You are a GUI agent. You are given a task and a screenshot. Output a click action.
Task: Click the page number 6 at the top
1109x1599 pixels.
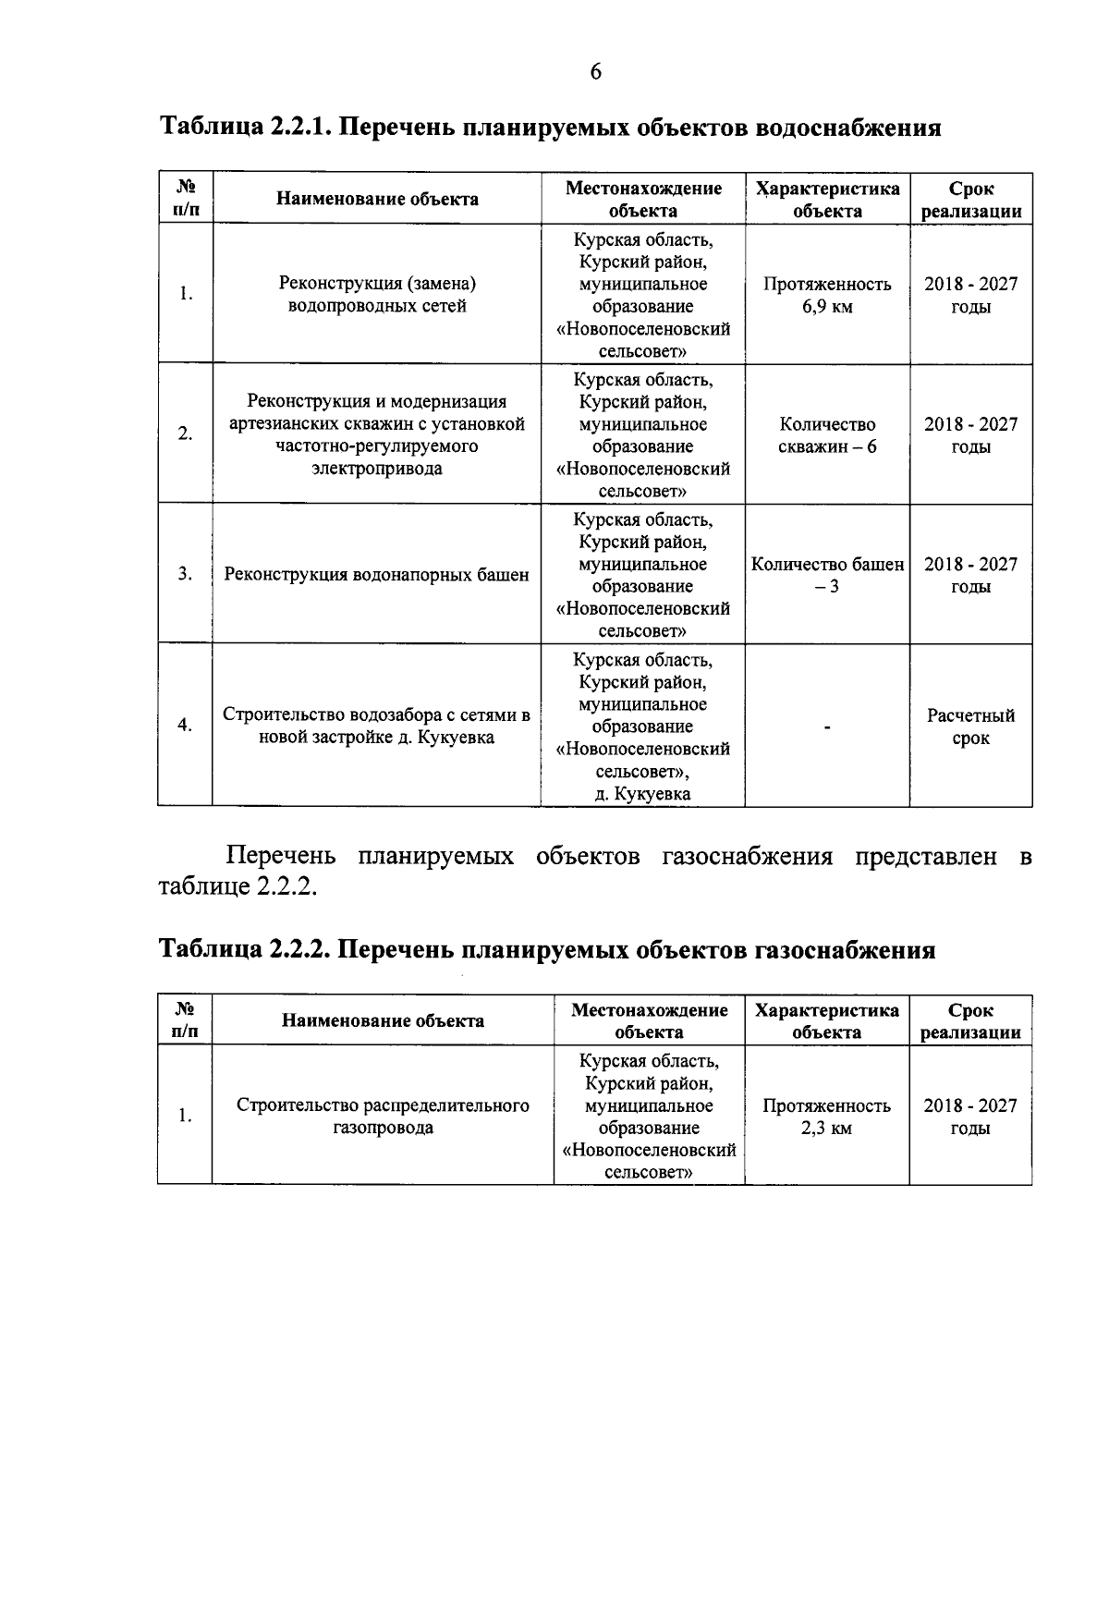tap(595, 71)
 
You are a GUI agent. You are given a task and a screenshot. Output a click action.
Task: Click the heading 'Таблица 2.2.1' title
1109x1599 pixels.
tap(551, 127)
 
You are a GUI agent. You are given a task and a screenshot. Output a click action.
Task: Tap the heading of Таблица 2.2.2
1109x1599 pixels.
tap(547, 949)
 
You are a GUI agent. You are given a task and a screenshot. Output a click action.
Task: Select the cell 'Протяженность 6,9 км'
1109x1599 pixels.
tap(827, 295)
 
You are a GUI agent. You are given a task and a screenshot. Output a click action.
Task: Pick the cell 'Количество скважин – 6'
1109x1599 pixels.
tap(827, 435)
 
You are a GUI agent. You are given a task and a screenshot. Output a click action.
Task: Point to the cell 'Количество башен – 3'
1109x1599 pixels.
tap(827, 575)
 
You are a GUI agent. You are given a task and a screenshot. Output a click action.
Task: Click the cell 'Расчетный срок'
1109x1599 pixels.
tap(970, 726)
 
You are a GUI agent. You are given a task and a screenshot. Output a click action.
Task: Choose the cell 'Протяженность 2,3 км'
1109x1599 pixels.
tap(826, 1117)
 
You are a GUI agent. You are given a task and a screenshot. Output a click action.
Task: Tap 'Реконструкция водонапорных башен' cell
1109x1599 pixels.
tap(376, 575)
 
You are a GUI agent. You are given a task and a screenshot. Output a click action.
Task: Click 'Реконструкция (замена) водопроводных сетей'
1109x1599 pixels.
tap(376, 295)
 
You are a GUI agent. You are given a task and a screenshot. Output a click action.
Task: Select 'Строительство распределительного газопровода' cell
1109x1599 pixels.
tap(383, 1117)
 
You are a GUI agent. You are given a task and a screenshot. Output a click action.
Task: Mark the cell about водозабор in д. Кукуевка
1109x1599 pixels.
tap(376, 726)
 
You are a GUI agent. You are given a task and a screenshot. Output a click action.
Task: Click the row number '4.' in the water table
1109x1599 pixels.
tap(185, 725)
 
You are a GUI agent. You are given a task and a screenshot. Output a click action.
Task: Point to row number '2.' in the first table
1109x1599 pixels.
tap(185, 433)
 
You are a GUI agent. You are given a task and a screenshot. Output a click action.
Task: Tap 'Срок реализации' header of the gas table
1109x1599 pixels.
tap(970, 1021)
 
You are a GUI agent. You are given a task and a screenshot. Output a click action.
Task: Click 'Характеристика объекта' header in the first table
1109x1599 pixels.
tap(827, 200)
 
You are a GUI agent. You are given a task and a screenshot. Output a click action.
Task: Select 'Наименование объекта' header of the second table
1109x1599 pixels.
tap(383, 1021)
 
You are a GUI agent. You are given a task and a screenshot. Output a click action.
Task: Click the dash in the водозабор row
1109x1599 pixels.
tap(827, 727)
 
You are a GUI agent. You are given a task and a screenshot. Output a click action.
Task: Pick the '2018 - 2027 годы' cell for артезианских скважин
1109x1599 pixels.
tap(970, 435)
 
